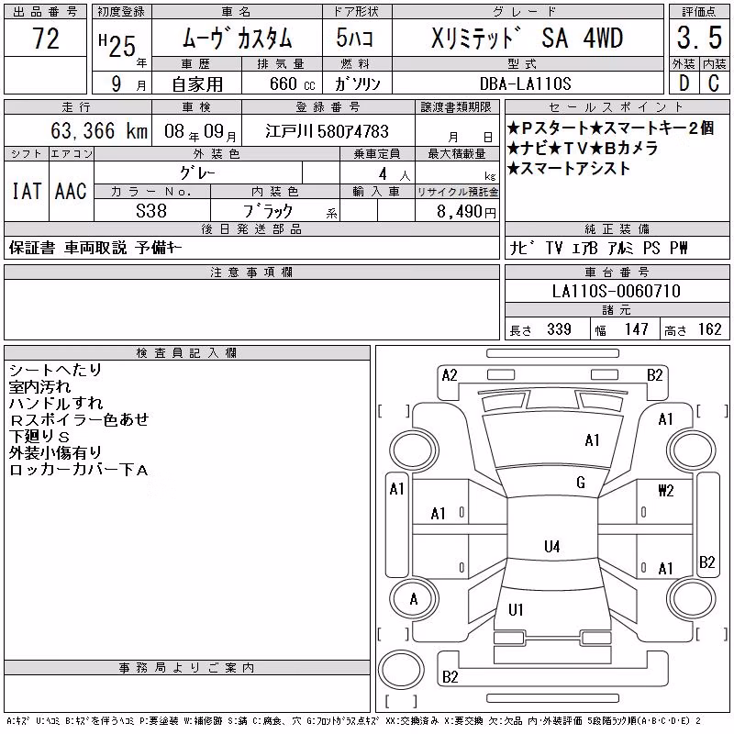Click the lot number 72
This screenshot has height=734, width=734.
tap(46, 39)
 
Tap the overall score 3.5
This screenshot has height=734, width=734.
tap(699, 38)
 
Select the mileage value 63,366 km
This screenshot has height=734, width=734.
tap(99, 130)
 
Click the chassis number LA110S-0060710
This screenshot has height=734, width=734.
tap(617, 291)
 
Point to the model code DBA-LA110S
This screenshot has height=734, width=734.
tap(525, 83)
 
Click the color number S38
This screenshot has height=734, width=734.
tap(151, 211)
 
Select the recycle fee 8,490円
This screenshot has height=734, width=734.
tap(466, 212)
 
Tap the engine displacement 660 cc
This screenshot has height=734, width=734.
tap(293, 83)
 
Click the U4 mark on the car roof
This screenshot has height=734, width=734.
tap(552, 546)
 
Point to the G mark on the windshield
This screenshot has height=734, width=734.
tap(581, 483)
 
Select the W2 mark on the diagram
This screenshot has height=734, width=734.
tap(666, 491)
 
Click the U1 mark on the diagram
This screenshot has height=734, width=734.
tap(516, 609)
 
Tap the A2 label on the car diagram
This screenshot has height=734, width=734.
tap(450, 375)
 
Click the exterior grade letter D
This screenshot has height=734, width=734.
tap(684, 83)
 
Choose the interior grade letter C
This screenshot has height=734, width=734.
tap(714, 83)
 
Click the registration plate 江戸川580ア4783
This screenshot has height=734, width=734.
tap(328, 131)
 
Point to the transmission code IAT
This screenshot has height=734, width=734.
tap(27, 191)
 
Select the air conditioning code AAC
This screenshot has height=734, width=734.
tap(71, 191)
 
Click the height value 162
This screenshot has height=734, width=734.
tap(709, 329)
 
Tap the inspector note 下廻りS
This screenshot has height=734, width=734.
tap(39, 437)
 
